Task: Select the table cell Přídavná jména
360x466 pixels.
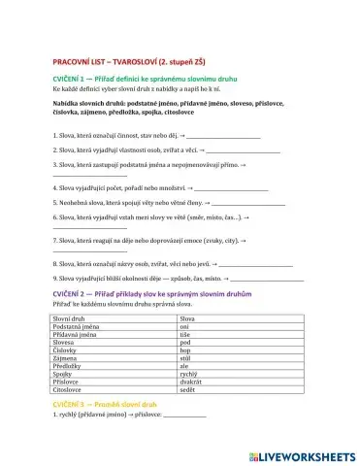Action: (x=74, y=334)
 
